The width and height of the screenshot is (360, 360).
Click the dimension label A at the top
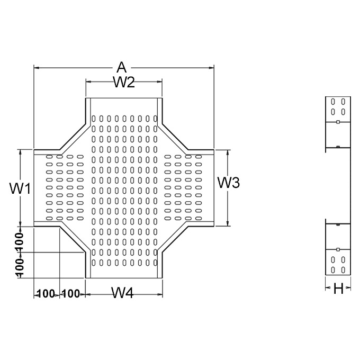tap(122, 67)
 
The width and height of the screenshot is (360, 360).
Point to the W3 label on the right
tap(229, 183)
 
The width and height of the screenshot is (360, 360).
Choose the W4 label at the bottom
tap(122, 293)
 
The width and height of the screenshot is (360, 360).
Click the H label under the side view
tap(339, 289)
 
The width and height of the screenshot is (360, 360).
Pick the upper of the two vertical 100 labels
tap(19, 242)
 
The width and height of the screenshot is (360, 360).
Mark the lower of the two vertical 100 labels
tap(19, 267)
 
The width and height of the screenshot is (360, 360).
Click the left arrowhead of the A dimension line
tap(36, 67)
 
